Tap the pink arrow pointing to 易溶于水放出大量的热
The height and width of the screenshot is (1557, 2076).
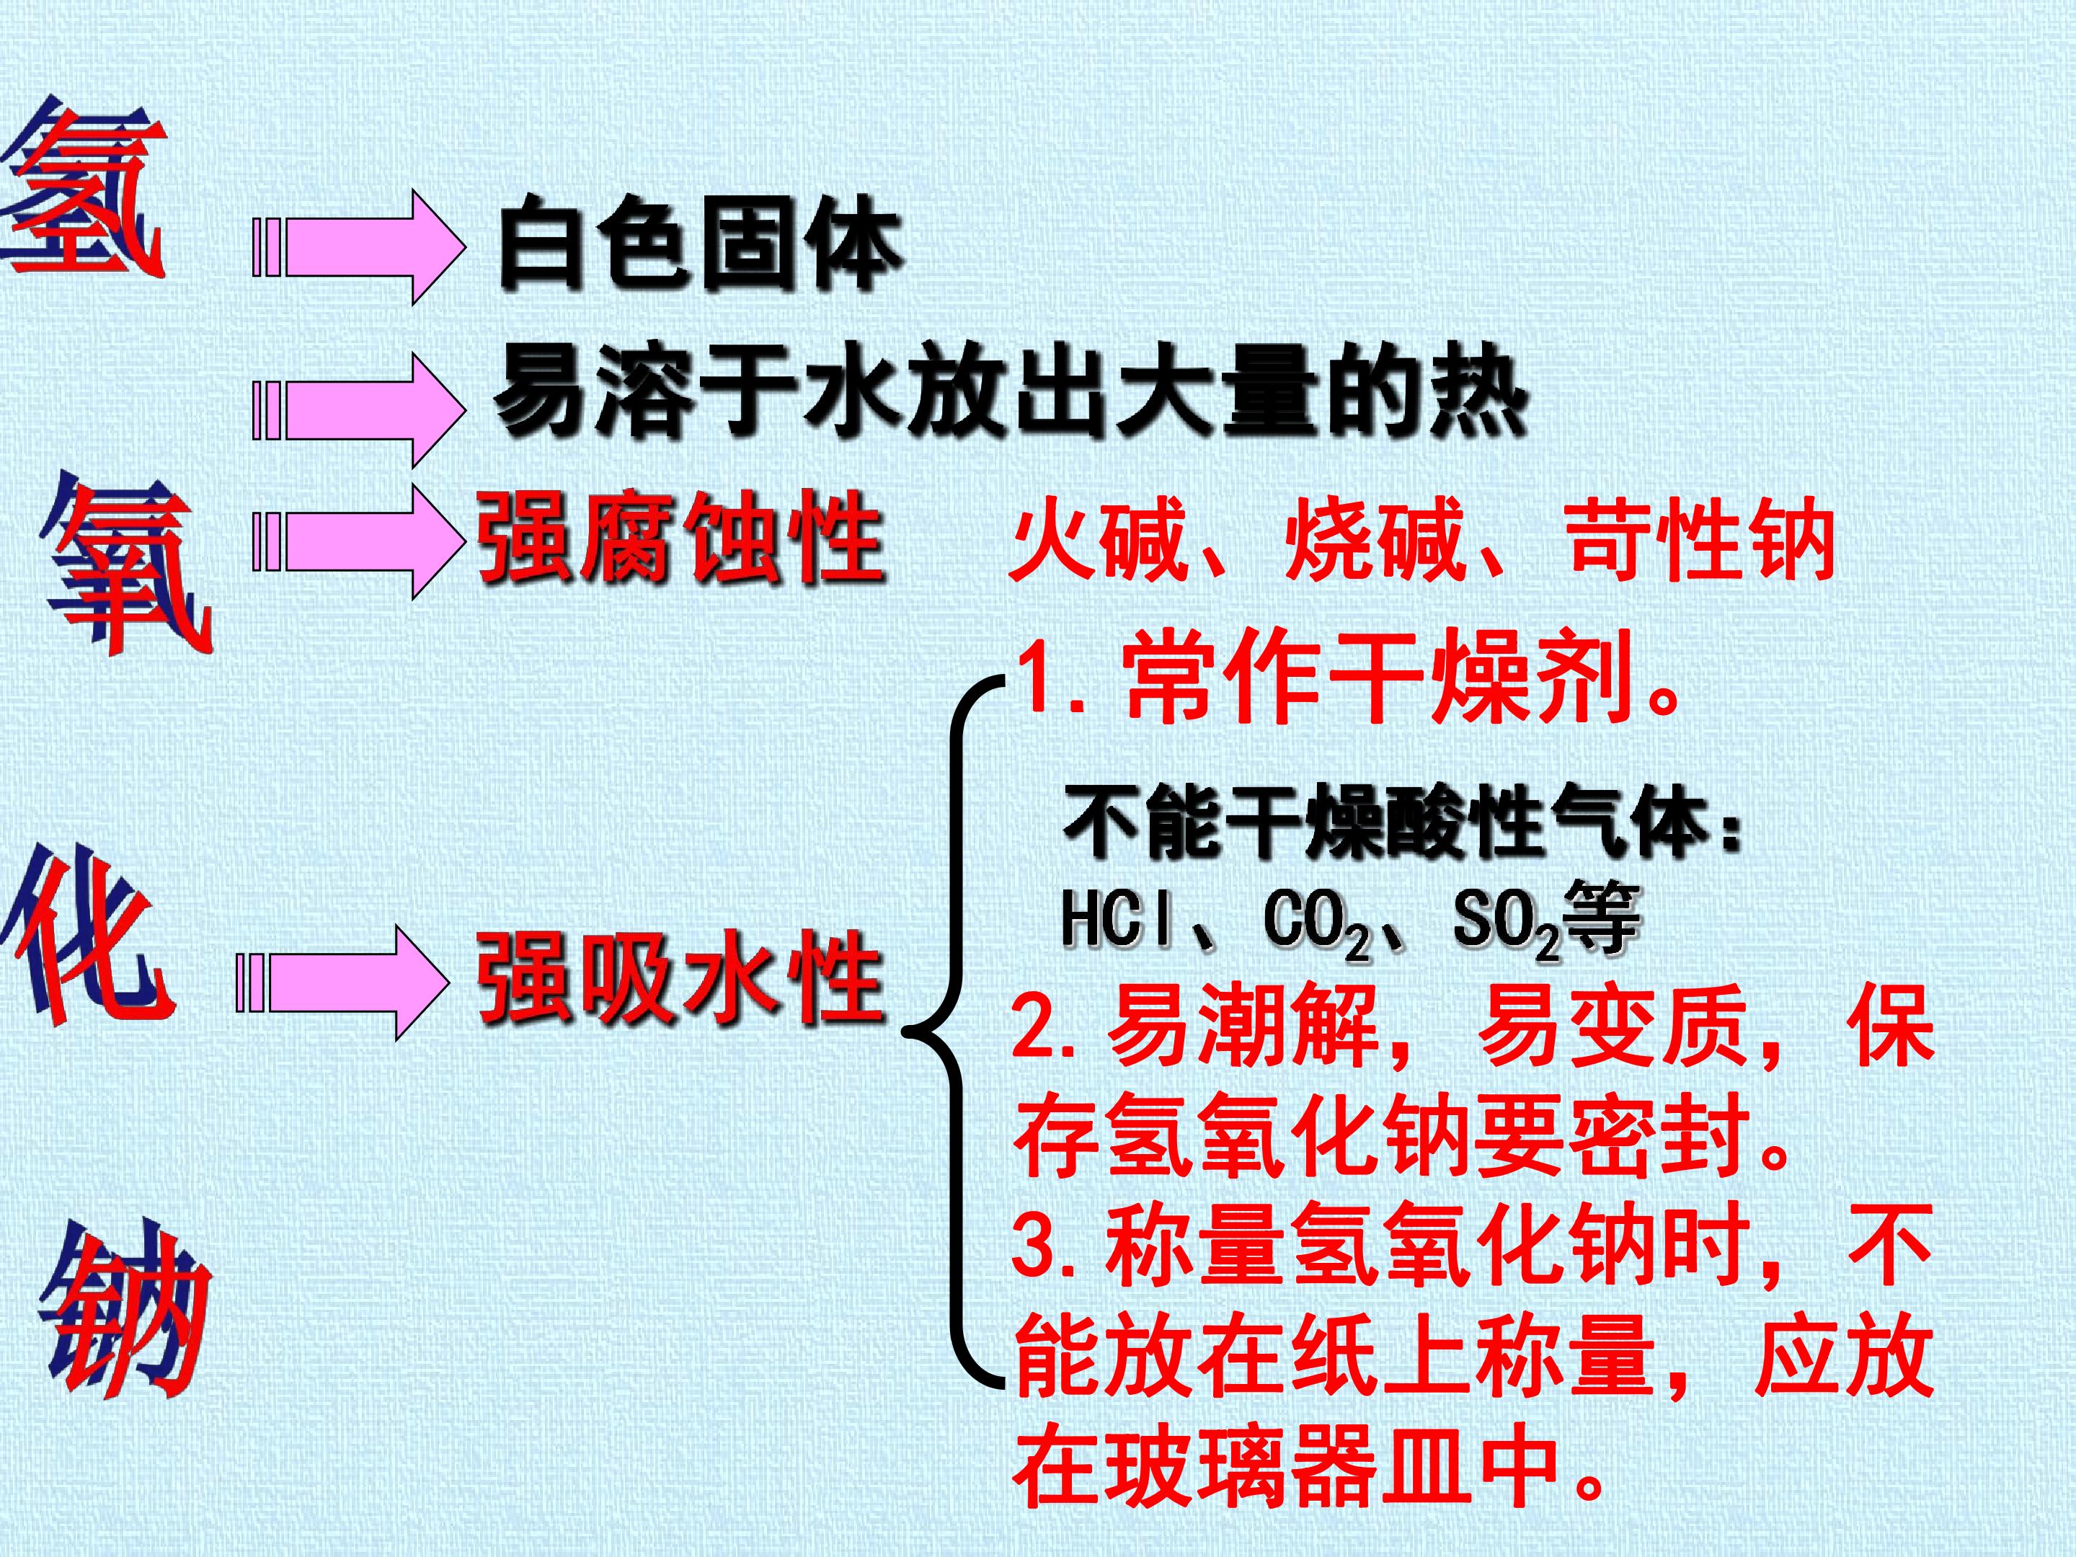pos(360,410)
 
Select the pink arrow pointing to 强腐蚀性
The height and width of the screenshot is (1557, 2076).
pos(360,541)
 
